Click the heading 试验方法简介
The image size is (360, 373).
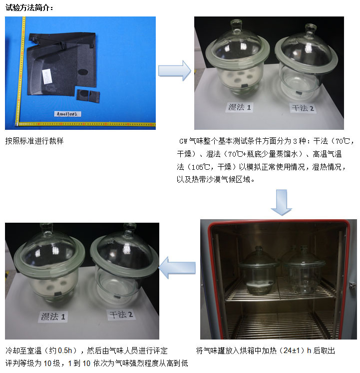coord(29,7)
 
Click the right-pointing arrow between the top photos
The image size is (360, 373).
coord(174,70)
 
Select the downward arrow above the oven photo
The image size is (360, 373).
coord(282,202)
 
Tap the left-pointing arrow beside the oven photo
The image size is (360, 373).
coord(177,268)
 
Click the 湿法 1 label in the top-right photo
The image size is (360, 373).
coord(239,107)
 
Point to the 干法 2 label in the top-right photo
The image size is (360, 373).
coord(303,108)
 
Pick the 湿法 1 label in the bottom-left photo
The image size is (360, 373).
coord(53,317)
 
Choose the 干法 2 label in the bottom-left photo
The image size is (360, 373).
coord(121,315)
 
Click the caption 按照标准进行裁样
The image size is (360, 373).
coord(34,141)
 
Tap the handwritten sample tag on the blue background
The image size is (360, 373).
coord(67,114)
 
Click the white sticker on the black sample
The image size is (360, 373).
coord(47,76)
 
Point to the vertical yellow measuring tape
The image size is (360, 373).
coord(20,70)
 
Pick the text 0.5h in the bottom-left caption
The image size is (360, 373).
coord(65,351)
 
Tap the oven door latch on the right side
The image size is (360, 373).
coord(352,285)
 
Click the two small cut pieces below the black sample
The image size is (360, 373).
coord(88,95)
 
